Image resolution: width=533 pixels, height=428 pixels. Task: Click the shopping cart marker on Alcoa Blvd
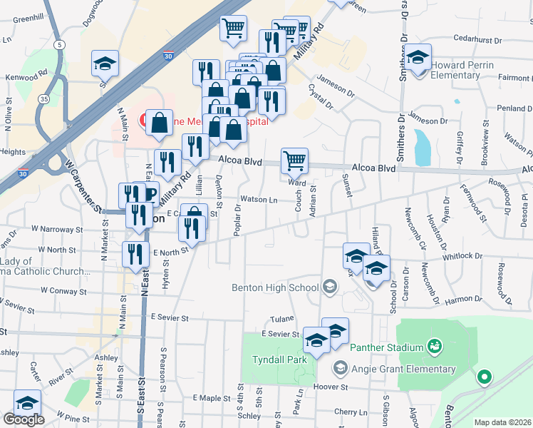coord(294,161)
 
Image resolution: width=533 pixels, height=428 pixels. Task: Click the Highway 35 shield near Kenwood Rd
coord(44,80)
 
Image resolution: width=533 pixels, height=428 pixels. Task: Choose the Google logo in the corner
coord(23,420)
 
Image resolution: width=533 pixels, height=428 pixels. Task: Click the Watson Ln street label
coord(258,200)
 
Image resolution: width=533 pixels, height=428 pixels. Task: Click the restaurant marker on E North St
coord(132,254)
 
